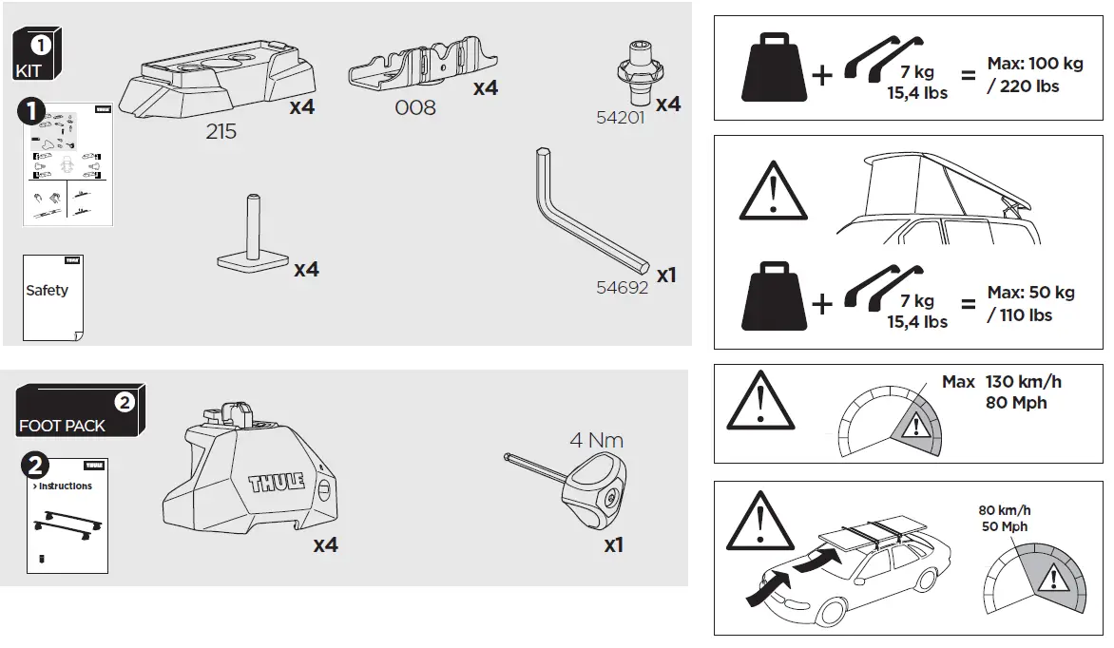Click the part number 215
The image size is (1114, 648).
[221, 132]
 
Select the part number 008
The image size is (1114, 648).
[415, 107]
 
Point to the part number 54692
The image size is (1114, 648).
[622, 287]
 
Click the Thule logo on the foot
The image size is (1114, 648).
[276, 481]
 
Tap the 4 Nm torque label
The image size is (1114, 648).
[596, 441]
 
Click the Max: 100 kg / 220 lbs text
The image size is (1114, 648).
[1035, 76]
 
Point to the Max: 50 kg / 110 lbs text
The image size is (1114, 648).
[1030, 304]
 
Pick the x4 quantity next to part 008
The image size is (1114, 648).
[485, 87]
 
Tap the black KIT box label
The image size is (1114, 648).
[38, 56]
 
